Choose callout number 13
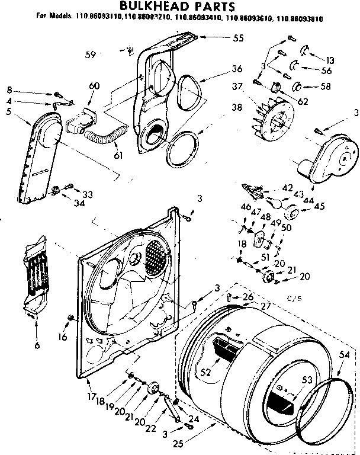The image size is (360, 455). (x=330, y=60)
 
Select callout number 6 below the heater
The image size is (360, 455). (x=37, y=344)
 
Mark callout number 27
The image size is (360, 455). (x=264, y=306)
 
